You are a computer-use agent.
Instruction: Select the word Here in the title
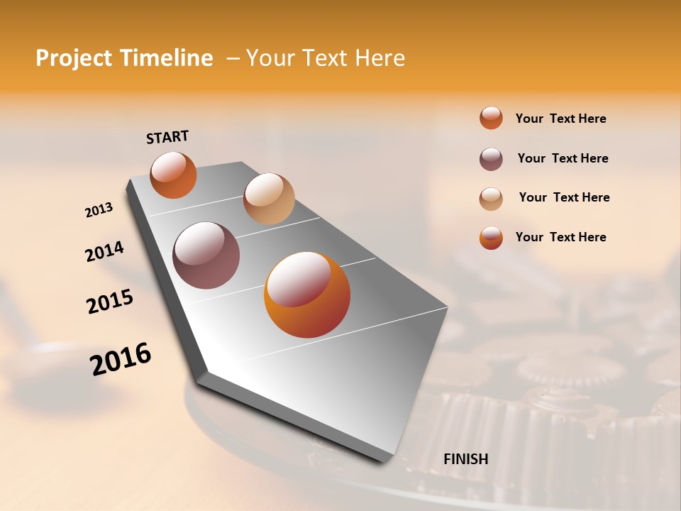click(380, 58)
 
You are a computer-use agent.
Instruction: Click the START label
click(167, 137)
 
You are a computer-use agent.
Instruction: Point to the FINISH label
click(465, 459)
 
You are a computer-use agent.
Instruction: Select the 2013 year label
click(99, 210)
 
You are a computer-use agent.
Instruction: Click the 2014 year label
click(105, 251)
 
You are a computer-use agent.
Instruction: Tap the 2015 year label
click(110, 302)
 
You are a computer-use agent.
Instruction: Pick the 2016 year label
click(121, 359)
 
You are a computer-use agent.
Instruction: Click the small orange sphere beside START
click(173, 175)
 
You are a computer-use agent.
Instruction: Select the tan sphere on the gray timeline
click(269, 199)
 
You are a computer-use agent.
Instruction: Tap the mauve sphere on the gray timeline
click(206, 255)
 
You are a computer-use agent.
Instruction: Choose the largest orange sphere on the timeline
click(307, 295)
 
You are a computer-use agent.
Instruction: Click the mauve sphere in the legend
click(491, 159)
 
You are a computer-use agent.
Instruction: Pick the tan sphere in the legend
click(491, 199)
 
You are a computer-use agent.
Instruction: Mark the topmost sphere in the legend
click(491, 118)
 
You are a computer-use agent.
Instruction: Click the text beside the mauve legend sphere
click(563, 158)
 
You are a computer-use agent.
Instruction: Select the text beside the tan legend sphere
click(564, 197)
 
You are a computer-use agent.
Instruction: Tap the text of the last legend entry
click(560, 237)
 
